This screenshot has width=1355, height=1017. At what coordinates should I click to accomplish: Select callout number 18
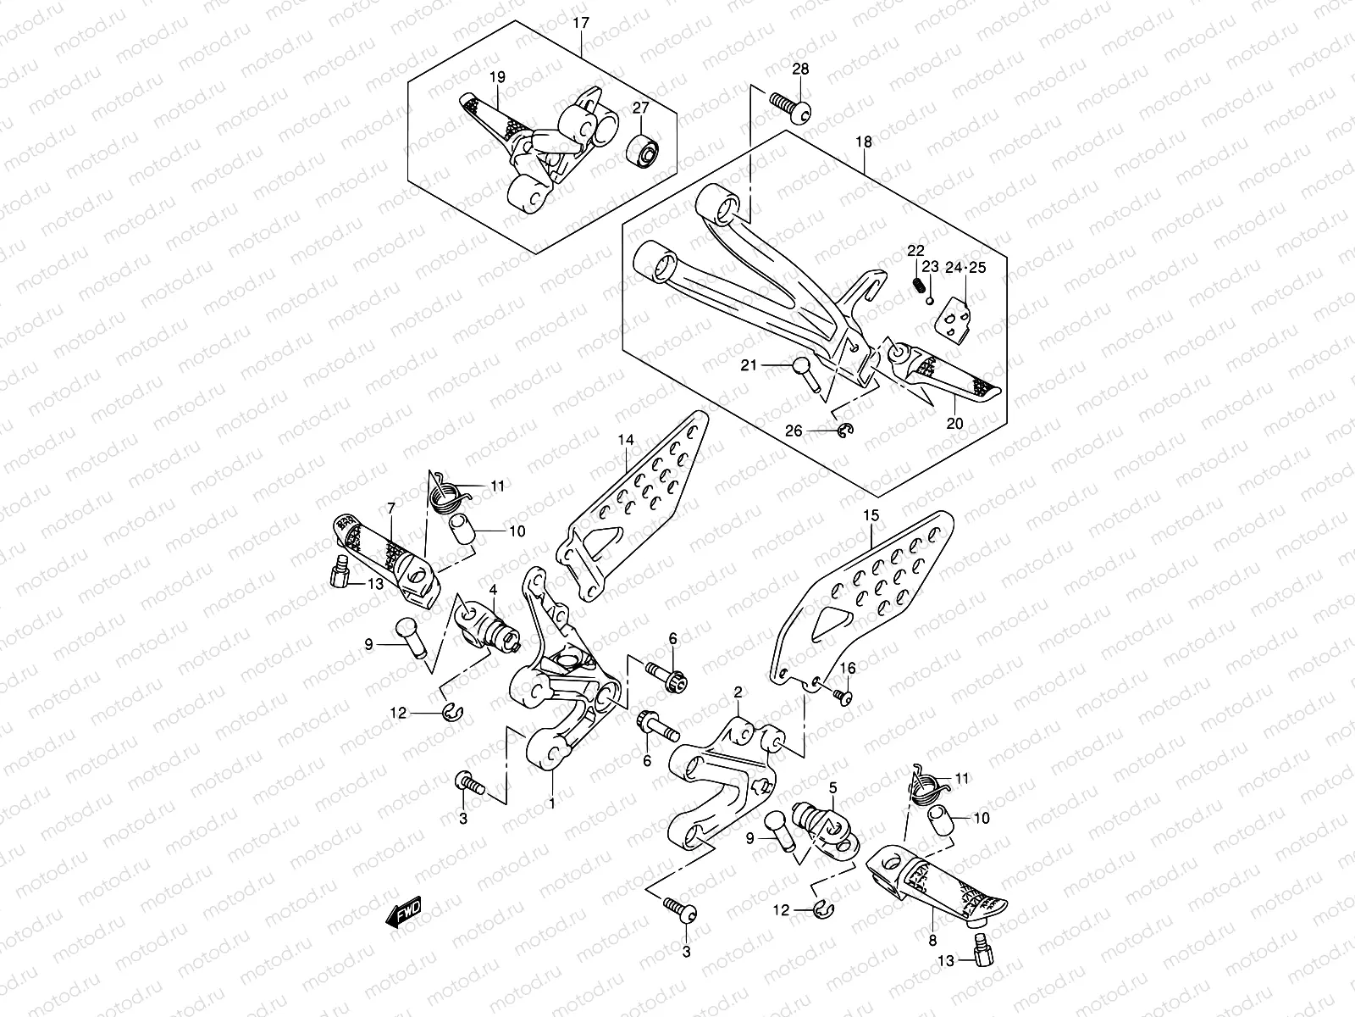(863, 142)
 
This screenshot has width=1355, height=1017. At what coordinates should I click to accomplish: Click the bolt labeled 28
(789, 106)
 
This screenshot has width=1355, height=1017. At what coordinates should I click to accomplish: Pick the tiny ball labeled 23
(929, 301)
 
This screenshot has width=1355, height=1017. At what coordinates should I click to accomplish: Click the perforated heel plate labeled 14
(644, 492)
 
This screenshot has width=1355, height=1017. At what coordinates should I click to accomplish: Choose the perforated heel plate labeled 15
(864, 585)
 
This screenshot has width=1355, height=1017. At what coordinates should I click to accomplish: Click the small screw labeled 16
(842, 695)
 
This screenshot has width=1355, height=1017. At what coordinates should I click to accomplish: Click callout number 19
(495, 77)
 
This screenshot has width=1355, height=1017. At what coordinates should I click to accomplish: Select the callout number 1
(551, 803)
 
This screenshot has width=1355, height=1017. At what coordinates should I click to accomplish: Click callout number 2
(738, 692)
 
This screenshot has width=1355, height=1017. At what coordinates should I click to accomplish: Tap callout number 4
(493, 589)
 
